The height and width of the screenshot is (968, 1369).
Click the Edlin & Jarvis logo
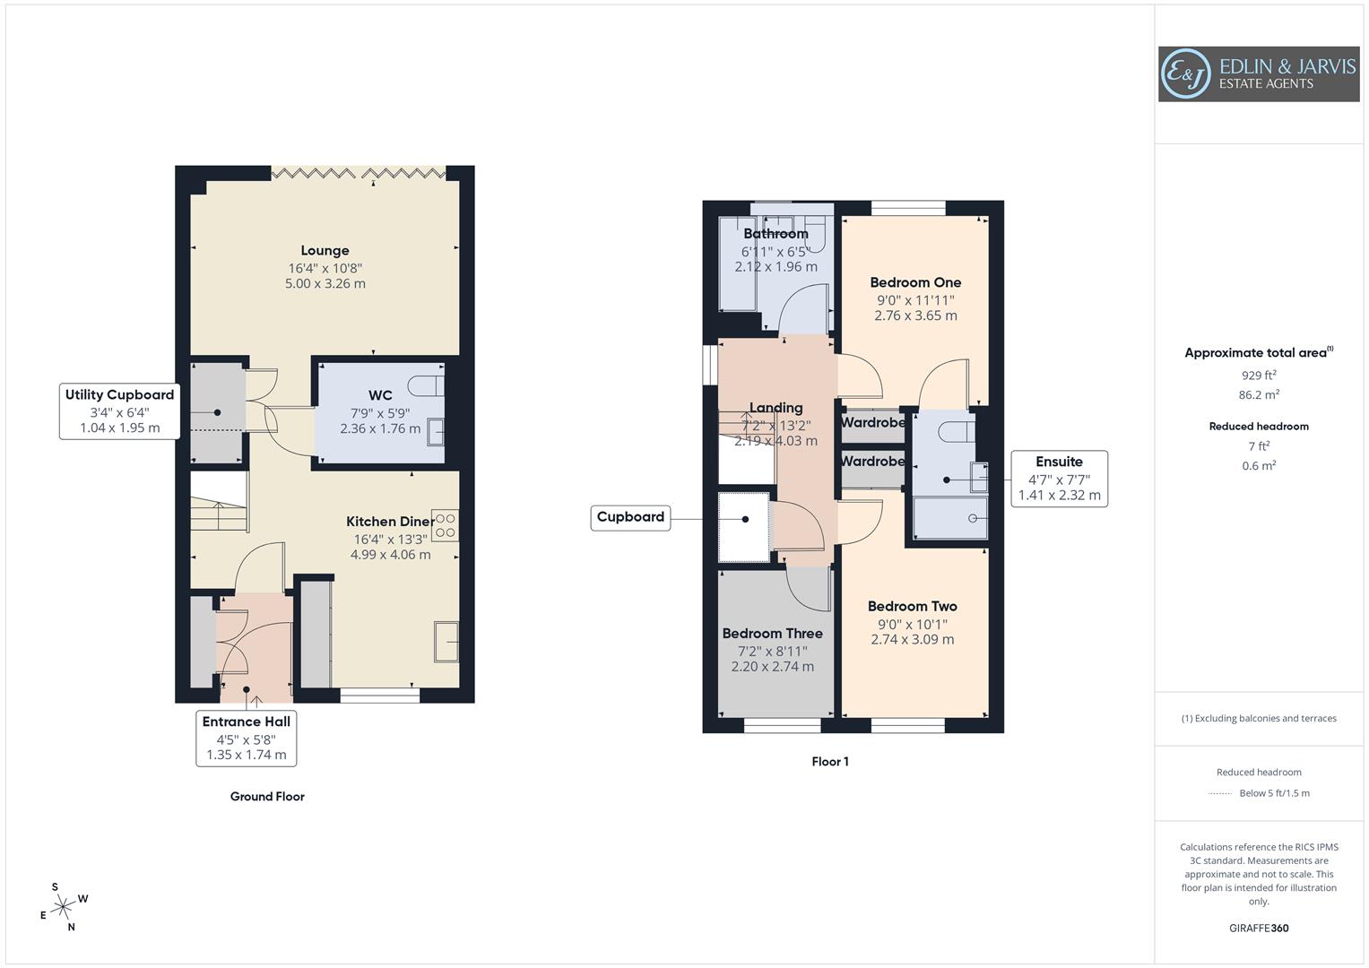[1258, 74]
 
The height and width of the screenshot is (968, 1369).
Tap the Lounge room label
[325, 251]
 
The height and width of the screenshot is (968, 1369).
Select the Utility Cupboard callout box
[119, 411]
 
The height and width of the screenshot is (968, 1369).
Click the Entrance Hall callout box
[246, 738]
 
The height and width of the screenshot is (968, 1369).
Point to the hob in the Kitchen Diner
[445, 525]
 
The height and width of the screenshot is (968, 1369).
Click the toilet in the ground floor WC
[427, 385]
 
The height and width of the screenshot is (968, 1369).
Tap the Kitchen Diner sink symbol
[446, 642]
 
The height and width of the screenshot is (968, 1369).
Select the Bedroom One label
[915, 282]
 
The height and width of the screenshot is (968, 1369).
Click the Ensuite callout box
[1059, 479]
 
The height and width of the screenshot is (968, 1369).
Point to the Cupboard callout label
[630, 517]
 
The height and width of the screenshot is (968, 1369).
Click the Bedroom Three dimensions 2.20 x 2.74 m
[772, 667]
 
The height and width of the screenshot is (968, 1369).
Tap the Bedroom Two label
[912, 607]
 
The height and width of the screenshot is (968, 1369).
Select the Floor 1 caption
[829, 762]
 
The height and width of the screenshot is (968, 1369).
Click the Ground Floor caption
[267, 797]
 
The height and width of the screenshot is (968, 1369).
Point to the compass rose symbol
[63, 908]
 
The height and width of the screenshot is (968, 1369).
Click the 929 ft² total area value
[1259, 376]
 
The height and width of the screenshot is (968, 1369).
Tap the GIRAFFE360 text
[1259, 929]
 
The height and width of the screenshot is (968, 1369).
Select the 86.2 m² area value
[1259, 395]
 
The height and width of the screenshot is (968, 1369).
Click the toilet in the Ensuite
[956, 431]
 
